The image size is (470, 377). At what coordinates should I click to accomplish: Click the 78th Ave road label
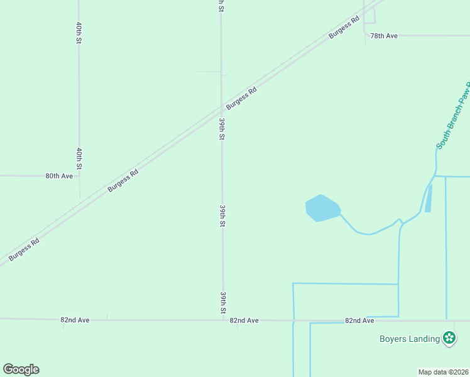pos(384,36)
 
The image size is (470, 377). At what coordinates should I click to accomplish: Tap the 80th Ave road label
pos(59,176)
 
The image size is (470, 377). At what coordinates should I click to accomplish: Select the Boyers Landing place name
pos(409,339)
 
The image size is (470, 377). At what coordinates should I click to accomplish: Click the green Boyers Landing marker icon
pos(449,339)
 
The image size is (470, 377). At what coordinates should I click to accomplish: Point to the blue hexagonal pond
pos(322,208)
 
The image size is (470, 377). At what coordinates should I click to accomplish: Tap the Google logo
pos(21,369)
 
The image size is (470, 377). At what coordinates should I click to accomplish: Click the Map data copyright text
pos(443,372)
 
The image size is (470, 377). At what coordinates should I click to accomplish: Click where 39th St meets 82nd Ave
pos(222,320)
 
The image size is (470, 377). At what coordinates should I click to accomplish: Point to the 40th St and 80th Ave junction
pos(79,176)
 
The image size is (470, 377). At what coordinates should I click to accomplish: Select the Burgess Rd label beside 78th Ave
pos(344,27)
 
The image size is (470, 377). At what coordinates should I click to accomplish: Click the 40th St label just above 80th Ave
pos(79,159)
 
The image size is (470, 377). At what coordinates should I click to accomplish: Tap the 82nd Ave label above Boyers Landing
pos(359,320)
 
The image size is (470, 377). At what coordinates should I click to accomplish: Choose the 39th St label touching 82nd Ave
pos(223,302)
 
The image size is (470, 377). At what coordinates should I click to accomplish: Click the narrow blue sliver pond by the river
pos(429,198)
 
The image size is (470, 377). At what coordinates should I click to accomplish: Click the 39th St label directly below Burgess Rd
pos(222,129)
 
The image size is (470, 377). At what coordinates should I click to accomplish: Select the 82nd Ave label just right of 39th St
pos(244,320)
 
